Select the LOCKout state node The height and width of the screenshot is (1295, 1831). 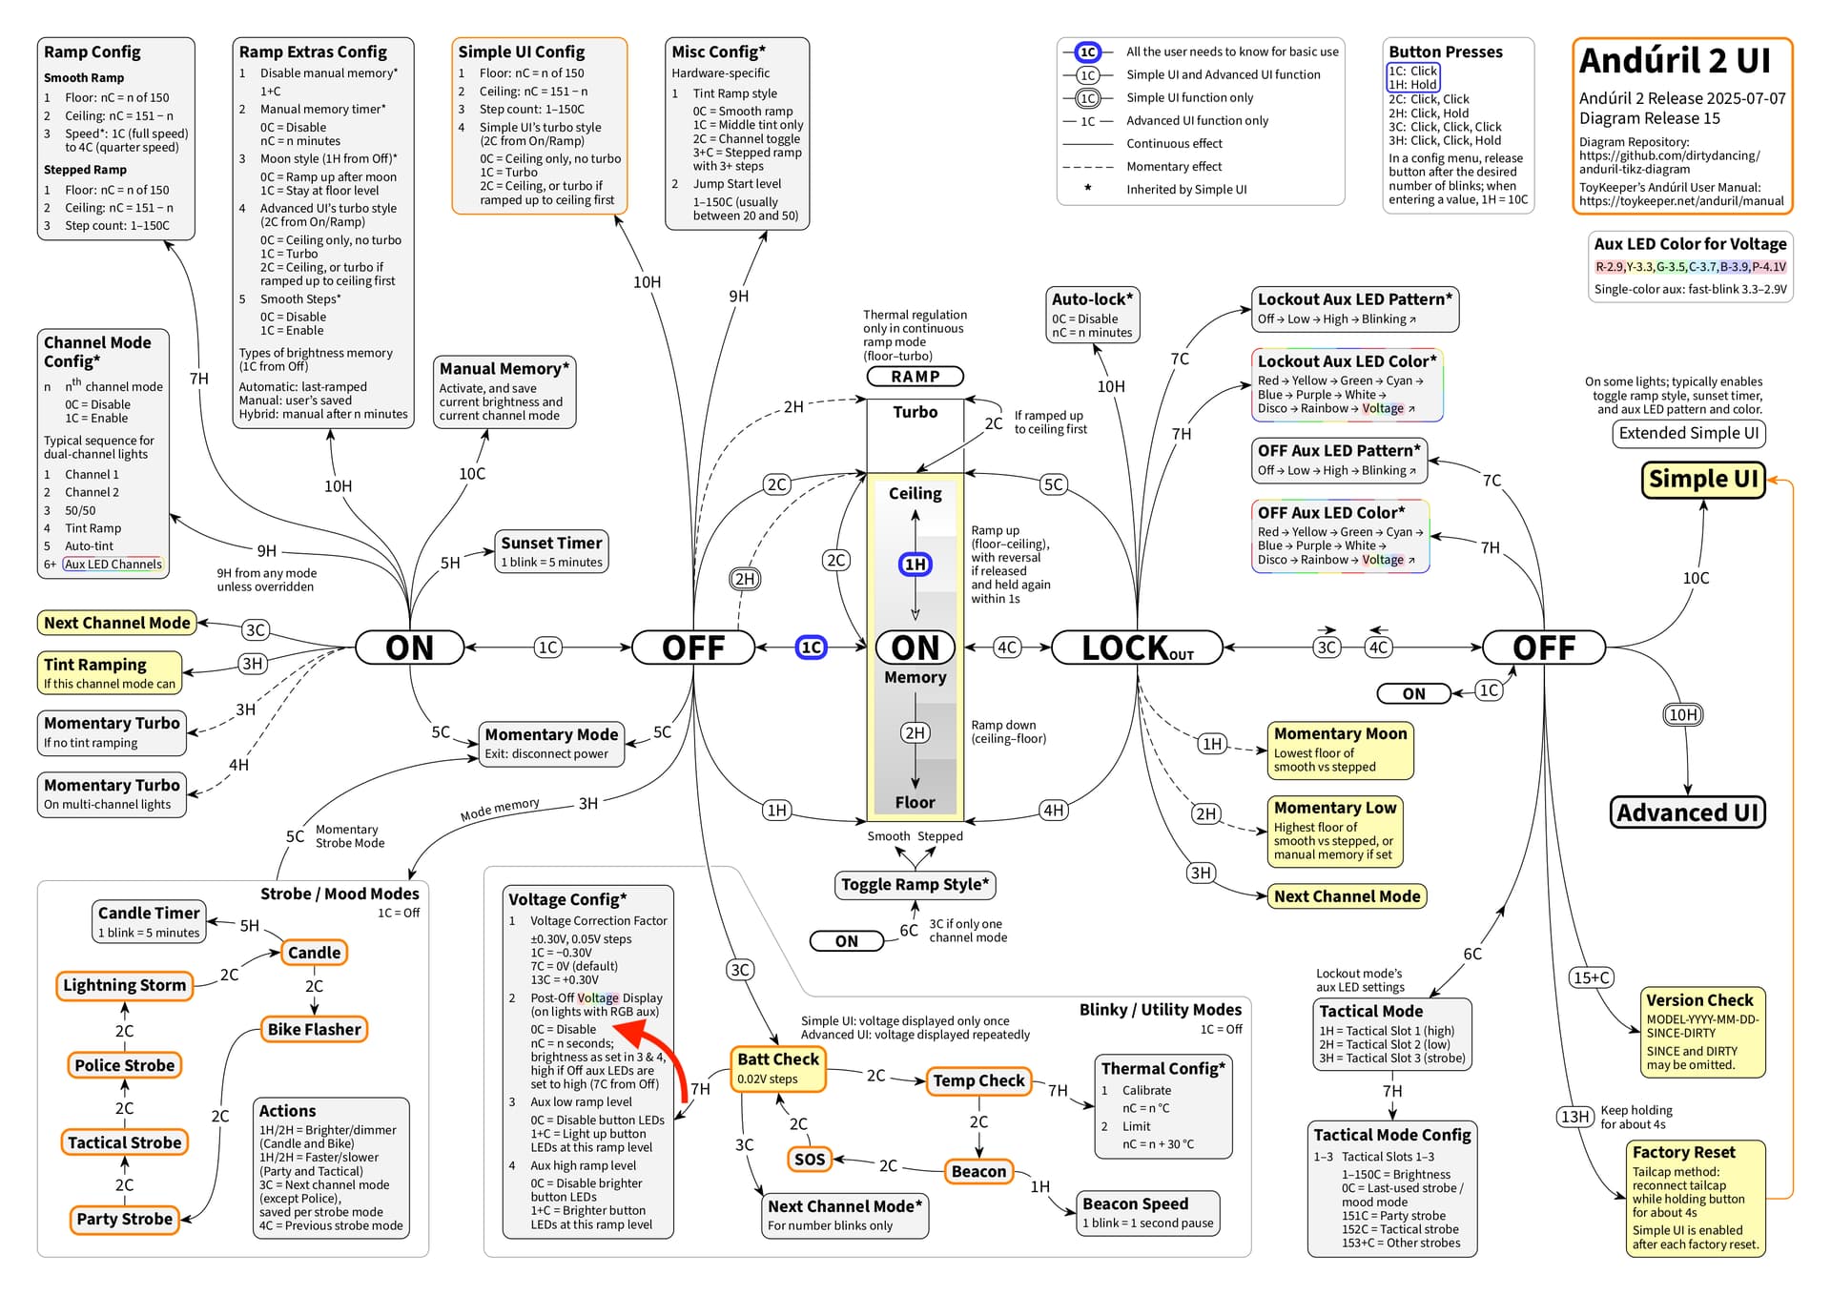tap(1137, 647)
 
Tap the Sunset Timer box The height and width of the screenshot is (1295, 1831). tap(551, 551)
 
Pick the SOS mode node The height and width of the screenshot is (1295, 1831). tap(810, 1159)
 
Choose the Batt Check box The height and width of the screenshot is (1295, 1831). tap(778, 1068)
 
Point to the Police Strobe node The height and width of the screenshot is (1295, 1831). tap(125, 1065)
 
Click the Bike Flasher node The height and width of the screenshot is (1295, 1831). tap(314, 1029)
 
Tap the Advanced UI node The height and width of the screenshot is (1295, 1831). tap(1687, 812)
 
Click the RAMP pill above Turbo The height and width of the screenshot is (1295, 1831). tap(915, 377)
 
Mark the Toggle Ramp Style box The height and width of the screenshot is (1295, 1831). tap(915, 884)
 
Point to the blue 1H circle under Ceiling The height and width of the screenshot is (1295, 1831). tap(915, 565)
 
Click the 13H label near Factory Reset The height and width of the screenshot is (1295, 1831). tap(1574, 1116)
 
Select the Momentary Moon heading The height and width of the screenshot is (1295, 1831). tap(1340, 733)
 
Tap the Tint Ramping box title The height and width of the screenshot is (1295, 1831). tap(95, 665)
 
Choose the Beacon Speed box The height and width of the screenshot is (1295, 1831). tap(1148, 1213)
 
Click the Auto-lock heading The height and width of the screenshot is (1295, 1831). tap(1092, 298)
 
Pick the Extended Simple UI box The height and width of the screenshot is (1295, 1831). tap(1688, 433)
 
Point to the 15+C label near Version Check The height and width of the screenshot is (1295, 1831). tap(1592, 977)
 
